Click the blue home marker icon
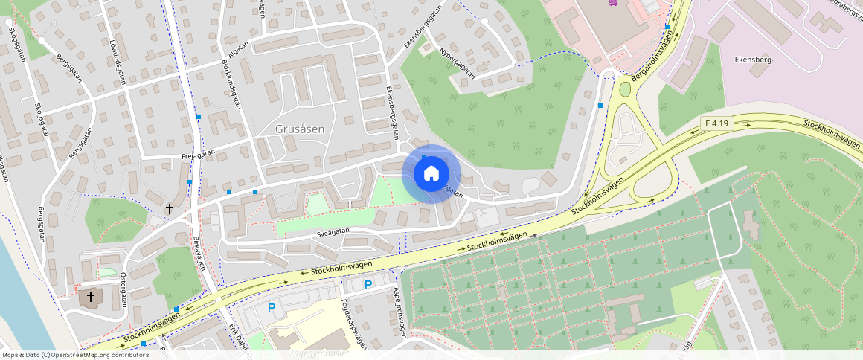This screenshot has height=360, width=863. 431,174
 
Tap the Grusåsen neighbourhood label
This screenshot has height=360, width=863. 300,129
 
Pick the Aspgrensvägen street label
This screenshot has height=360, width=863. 400,312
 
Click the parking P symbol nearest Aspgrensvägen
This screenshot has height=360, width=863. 368,284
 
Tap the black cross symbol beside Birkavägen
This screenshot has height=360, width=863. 170,210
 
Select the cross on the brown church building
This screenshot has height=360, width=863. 91,297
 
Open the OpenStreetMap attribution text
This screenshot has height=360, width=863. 75,355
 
